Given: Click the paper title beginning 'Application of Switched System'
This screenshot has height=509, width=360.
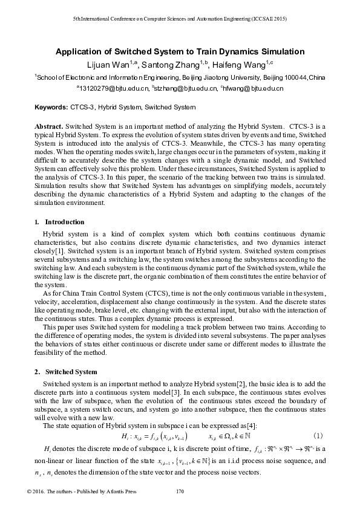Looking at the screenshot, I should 180,52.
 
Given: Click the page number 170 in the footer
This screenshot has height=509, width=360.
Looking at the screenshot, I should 179,492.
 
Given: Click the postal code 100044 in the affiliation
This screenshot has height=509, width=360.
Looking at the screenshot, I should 280,77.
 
